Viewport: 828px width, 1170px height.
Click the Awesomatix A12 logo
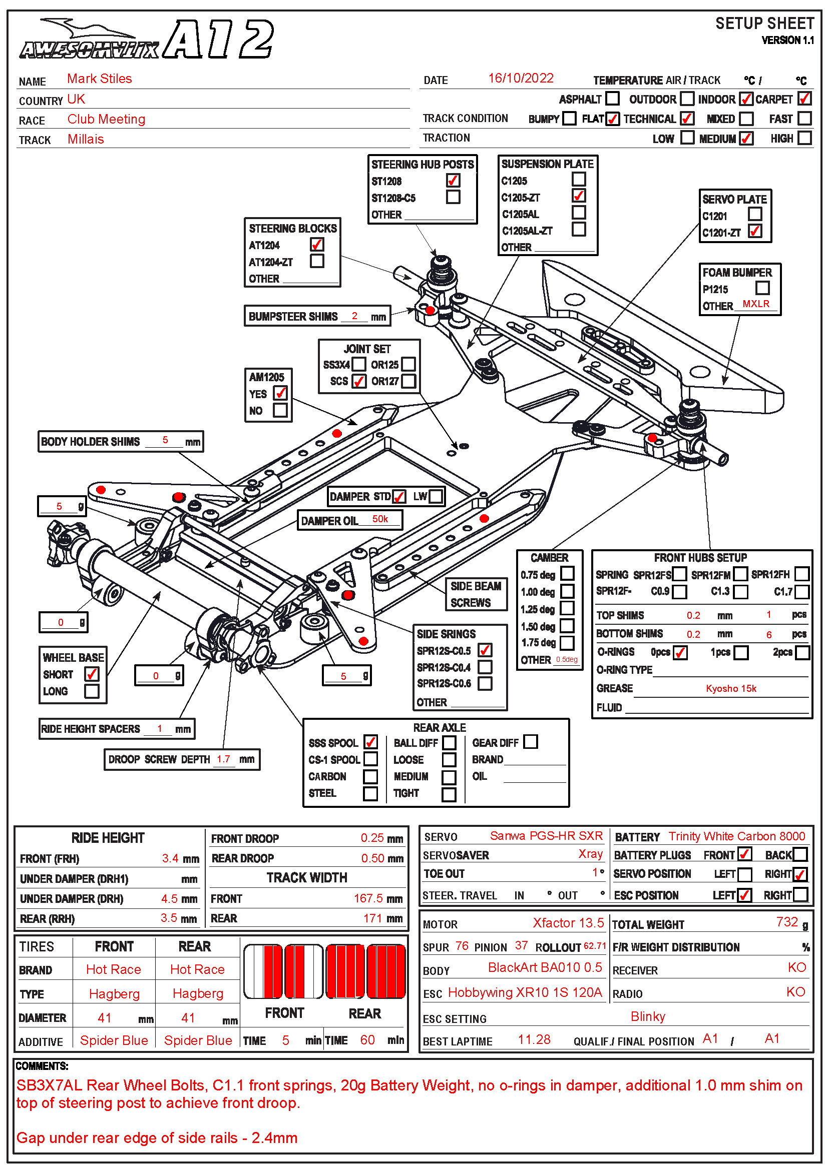pyautogui.click(x=147, y=40)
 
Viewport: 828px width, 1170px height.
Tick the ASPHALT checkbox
pyautogui.click(x=612, y=99)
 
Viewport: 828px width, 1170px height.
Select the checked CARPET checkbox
pyautogui.click(x=804, y=99)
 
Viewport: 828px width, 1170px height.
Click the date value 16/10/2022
pyautogui.click(x=521, y=79)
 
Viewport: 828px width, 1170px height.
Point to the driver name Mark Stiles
pyautogui.click(x=100, y=79)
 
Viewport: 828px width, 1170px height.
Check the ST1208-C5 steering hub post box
pyautogui.click(x=453, y=197)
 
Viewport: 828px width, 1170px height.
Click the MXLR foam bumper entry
pyautogui.click(x=755, y=304)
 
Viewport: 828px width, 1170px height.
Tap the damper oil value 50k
pyautogui.click(x=380, y=519)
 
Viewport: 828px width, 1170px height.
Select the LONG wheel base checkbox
pyautogui.click(x=92, y=691)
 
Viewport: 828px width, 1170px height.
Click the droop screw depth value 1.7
pyautogui.click(x=223, y=759)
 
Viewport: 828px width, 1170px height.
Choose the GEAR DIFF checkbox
pyautogui.click(x=530, y=742)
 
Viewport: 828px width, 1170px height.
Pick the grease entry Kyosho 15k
pyautogui.click(x=730, y=689)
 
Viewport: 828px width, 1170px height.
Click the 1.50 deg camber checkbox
pyautogui.click(x=567, y=626)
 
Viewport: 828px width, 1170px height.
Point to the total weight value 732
pyautogui.click(x=787, y=922)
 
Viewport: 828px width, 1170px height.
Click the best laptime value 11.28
pyautogui.click(x=534, y=1040)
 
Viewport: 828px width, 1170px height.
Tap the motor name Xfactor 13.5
pyautogui.click(x=568, y=923)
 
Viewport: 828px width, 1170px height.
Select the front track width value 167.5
pyautogui.click(x=369, y=898)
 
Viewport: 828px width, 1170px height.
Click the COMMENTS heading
pyautogui.click(x=42, y=1066)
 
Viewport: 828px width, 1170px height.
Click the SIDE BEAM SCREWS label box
pyautogui.click(x=475, y=595)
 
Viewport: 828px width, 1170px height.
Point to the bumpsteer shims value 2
pyautogui.click(x=354, y=316)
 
